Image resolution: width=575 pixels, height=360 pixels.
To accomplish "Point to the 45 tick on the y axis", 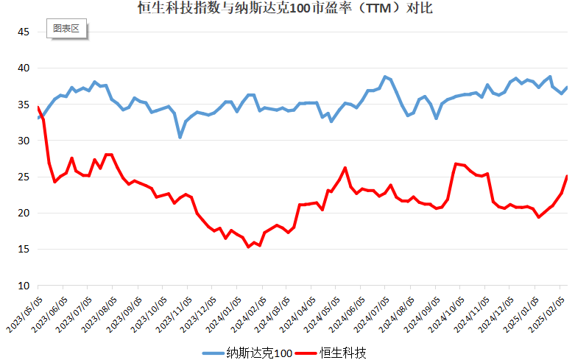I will point(23,32).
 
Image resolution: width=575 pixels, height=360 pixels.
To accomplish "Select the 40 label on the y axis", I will point(23,68).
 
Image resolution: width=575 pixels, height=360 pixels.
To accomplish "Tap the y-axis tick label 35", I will point(23,105).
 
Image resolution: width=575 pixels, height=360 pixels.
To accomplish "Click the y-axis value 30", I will point(23,141).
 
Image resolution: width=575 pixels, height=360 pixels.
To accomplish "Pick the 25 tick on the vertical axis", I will point(23,177).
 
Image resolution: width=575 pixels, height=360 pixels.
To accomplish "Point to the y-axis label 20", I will point(23,213).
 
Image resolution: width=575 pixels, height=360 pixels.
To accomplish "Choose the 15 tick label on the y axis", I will point(23,250).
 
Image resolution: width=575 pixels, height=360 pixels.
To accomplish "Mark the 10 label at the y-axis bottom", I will point(23,286).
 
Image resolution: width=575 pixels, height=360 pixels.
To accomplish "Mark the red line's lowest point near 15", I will point(249,247).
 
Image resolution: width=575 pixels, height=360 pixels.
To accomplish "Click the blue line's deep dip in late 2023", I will point(180,138).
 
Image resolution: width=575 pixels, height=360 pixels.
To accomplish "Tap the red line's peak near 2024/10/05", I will point(456,163).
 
